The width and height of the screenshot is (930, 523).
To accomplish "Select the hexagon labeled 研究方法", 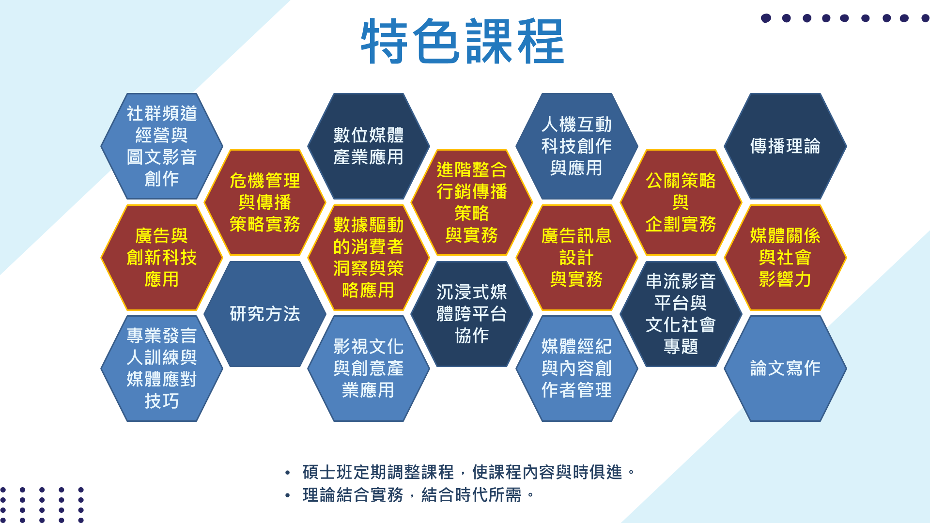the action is click(265, 314).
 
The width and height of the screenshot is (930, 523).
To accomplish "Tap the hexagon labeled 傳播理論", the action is click(785, 146).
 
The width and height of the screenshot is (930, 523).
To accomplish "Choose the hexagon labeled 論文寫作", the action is click(785, 369).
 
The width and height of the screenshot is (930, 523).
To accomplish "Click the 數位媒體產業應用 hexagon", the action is click(369, 146).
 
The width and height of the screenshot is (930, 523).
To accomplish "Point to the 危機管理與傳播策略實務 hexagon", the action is click(265, 202).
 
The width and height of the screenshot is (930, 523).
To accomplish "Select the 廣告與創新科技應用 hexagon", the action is click(162, 258).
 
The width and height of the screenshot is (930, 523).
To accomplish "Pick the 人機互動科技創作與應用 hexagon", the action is click(576, 146).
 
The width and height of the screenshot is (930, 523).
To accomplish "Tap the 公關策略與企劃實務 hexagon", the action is click(681, 202).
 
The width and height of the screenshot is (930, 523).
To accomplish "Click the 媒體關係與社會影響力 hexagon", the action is click(785, 258).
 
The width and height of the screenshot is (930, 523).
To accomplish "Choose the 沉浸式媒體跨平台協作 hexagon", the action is click(472, 314).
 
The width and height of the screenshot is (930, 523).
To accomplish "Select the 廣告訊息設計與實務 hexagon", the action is click(576, 258).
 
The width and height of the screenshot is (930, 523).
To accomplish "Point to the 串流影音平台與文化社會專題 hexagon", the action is click(681, 314).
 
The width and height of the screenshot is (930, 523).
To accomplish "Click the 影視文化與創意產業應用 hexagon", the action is click(369, 369).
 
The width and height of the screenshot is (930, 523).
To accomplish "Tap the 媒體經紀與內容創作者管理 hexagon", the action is click(576, 369).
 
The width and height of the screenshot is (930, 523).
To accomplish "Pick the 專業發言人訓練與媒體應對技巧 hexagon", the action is click(162, 369).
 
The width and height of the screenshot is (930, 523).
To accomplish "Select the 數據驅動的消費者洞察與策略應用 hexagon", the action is click(369, 258).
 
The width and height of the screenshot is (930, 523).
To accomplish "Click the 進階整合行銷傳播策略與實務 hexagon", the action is click(472, 202).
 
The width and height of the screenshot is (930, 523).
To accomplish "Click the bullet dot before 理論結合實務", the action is click(288, 495).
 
